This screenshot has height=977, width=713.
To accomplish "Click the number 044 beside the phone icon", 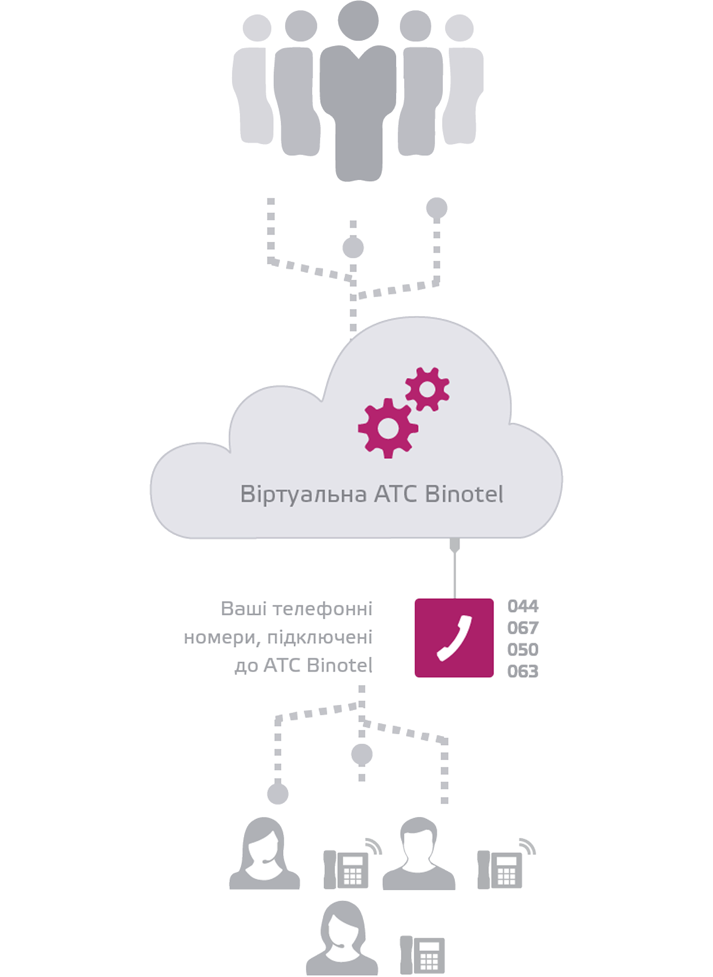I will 523,605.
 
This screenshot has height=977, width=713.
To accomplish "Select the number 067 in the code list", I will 523,628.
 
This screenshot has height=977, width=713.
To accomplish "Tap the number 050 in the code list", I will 523,649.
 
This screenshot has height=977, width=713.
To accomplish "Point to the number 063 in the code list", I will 523,671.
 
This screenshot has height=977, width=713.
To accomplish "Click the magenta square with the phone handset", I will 454,638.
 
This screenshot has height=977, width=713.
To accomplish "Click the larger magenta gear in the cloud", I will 388,428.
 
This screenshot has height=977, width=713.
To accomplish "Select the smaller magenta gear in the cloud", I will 427,389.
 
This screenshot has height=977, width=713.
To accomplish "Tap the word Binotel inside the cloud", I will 464,494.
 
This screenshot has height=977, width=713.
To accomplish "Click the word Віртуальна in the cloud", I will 303,494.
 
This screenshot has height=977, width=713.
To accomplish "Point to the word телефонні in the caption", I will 323,609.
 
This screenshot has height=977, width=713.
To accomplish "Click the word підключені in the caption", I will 320,637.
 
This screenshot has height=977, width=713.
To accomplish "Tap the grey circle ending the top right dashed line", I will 437,208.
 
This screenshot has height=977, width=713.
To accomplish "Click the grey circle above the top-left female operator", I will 278,794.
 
